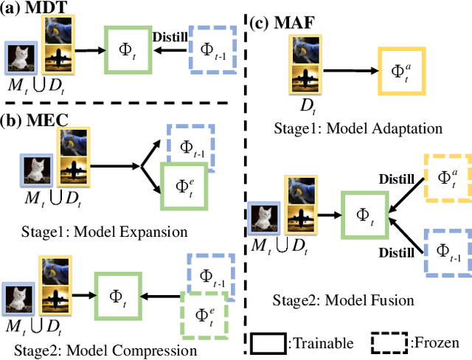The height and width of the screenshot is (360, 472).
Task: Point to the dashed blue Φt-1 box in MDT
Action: pyautogui.click(x=212, y=50)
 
